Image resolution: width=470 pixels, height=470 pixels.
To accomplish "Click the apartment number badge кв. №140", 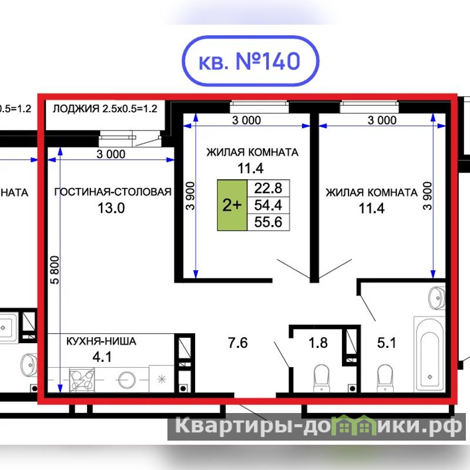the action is point(250,61).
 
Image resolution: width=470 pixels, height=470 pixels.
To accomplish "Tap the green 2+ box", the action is point(232,205).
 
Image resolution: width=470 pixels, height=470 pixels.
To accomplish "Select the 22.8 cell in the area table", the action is point(268,188).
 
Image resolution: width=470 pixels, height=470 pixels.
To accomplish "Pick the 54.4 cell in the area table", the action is point(268,205).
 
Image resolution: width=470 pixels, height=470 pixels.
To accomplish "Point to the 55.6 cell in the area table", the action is point(268,222).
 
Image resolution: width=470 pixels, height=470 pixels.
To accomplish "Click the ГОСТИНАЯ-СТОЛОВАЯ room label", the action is point(113,192).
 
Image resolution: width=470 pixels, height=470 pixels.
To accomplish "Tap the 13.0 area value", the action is point(111,208).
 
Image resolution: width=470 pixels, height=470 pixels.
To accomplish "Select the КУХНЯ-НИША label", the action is point(101,341).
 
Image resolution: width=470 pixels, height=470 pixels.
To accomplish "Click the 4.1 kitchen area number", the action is point(102,357).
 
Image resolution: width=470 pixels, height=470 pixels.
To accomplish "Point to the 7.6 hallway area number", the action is point(238,343).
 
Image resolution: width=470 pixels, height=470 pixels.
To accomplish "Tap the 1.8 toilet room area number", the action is point(318,343).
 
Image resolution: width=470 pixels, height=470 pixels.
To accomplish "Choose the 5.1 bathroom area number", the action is point(387,343).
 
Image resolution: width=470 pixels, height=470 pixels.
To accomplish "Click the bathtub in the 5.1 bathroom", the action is point(430,354).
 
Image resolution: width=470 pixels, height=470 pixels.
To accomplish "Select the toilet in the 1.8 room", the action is point(321,378).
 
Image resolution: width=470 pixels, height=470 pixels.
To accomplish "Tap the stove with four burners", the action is point(82,380).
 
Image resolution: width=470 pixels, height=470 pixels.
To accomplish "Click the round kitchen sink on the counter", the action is point(127,380).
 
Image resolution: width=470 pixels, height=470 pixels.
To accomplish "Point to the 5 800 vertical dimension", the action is point(55,270).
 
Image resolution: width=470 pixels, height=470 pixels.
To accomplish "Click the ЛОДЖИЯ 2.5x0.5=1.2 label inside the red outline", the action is point(105,109).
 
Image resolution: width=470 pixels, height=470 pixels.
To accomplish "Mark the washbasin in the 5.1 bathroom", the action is point(437,298).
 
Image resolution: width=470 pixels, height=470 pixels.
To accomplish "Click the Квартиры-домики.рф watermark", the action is point(318,425).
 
